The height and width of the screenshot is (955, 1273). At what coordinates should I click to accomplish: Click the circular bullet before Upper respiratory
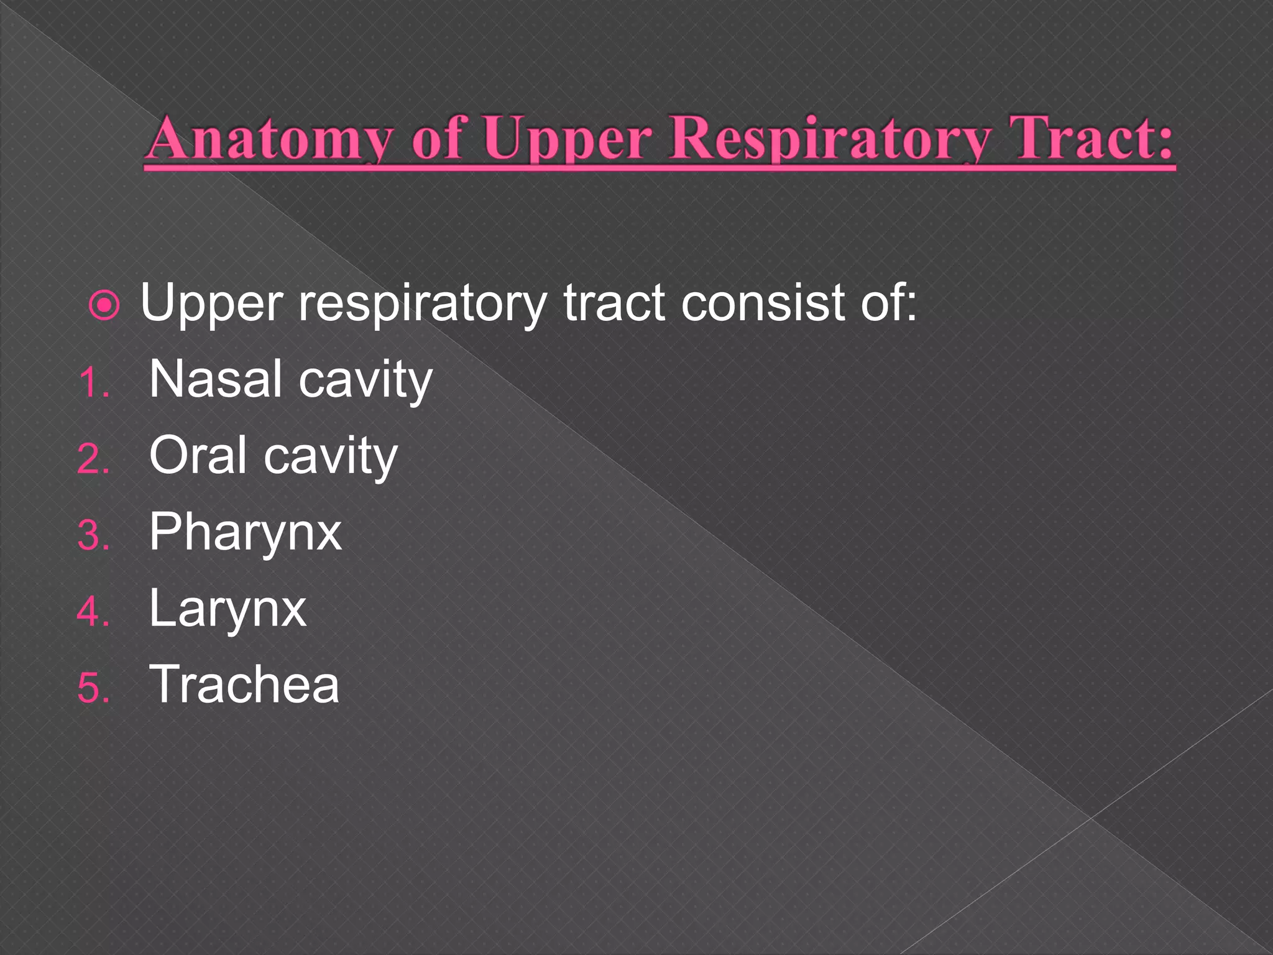(x=104, y=305)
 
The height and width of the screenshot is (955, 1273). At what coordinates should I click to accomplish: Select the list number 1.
(x=93, y=383)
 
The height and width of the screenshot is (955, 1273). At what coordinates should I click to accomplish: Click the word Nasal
(x=215, y=379)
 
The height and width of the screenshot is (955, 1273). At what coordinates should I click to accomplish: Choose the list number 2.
(x=93, y=459)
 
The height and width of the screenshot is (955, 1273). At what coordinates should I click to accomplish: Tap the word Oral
(x=198, y=455)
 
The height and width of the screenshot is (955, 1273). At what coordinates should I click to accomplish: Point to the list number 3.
(x=93, y=535)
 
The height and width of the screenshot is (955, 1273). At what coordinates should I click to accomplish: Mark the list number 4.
(x=93, y=612)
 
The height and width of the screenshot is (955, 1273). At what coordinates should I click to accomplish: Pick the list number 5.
(x=93, y=688)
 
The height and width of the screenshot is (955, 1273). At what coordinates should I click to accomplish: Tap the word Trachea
(x=244, y=685)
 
